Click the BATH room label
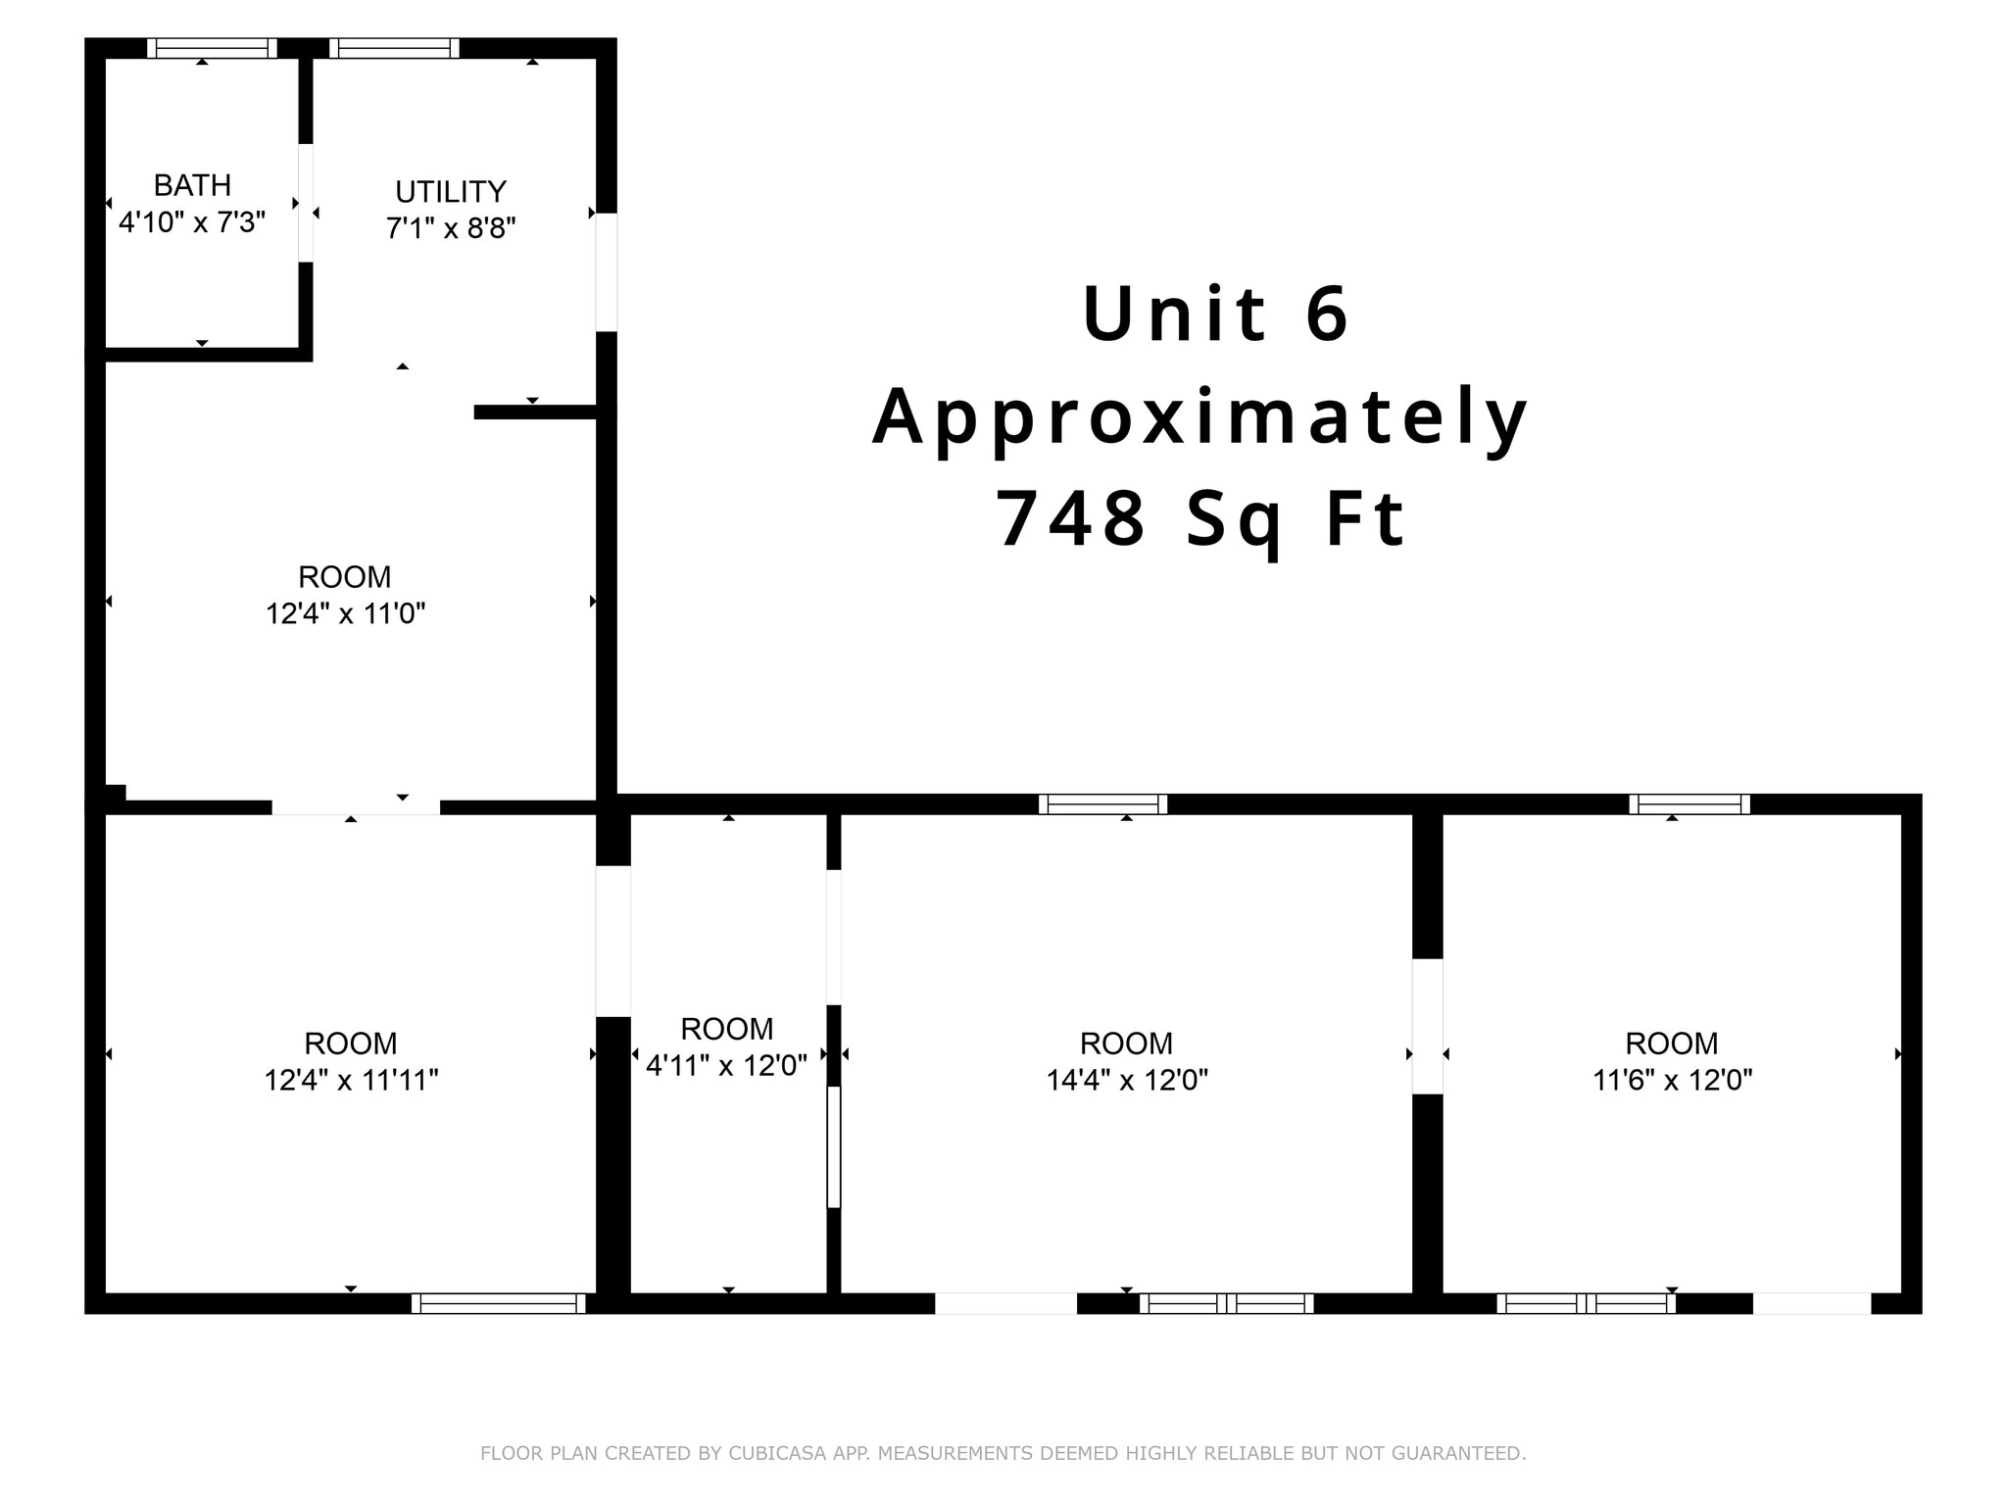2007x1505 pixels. (x=192, y=185)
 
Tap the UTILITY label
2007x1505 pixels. (x=450, y=191)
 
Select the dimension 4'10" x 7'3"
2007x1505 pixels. (x=192, y=222)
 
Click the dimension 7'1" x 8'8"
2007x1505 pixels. (x=450, y=228)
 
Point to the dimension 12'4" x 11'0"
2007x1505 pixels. (x=345, y=614)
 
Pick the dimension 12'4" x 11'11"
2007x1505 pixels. (x=351, y=1081)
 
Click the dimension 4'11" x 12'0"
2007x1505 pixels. (x=726, y=1065)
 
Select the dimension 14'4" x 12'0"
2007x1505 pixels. (x=1126, y=1081)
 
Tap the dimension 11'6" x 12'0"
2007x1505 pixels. (x=1671, y=1081)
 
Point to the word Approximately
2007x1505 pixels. (x=1199, y=416)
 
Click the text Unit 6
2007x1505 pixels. (x=1215, y=314)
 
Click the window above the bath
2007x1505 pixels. (x=212, y=48)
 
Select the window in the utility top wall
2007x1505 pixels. (x=394, y=48)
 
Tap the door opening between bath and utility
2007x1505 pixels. (x=306, y=203)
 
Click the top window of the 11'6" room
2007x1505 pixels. (x=1689, y=804)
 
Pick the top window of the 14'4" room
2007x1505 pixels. (x=1102, y=804)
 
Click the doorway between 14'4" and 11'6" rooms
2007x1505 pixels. (x=1427, y=1026)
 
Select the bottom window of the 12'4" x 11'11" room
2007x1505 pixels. (x=498, y=1303)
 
